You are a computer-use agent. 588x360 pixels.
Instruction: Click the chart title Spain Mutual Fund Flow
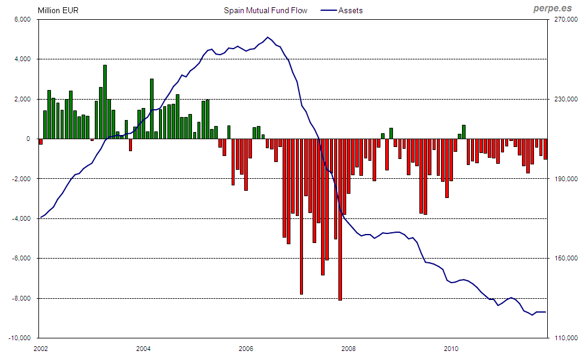point(265,10)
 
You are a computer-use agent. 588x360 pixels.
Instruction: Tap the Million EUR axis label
point(58,10)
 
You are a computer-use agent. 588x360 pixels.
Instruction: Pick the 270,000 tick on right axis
point(565,19)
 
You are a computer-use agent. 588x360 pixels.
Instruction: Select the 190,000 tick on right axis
point(565,179)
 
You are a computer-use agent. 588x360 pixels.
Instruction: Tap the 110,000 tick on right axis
point(565,338)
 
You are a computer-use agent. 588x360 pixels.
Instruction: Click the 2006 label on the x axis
point(246,348)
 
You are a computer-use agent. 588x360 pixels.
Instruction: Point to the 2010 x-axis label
point(451,348)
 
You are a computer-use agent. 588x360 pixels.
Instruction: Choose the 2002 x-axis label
point(41,348)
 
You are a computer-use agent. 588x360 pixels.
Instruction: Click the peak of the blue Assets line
point(268,37)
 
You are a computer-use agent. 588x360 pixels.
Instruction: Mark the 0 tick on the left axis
point(28,139)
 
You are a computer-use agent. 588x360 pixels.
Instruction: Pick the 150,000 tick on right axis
point(565,259)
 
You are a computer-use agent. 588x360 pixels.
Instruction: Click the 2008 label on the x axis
point(349,348)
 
